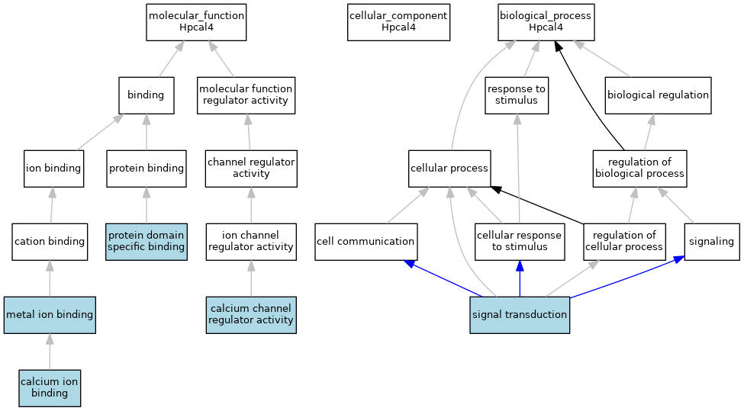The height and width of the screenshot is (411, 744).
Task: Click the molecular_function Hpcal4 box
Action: coord(196,21)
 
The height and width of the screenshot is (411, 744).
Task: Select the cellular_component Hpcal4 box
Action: coord(398,21)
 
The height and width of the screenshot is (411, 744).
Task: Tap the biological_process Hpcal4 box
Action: coord(546,21)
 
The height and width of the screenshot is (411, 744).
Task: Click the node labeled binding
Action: coord(146,95)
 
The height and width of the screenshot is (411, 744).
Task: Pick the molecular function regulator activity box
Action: coord(245,95)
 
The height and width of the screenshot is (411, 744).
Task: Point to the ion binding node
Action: coord(53,168)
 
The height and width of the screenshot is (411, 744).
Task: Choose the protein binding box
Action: coord(147,168)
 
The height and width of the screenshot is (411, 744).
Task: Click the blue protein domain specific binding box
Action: coord(147,241)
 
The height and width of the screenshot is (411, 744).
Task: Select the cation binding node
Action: coord(50,241)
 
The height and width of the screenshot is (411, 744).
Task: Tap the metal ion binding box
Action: coord(50,314)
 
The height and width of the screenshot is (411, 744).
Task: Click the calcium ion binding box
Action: coord(50,387)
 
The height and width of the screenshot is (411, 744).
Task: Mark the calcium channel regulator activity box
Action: coord(251,314)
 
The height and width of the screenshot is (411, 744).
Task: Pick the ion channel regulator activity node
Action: coord(251,241)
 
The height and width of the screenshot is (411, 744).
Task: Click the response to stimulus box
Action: coord(517,95)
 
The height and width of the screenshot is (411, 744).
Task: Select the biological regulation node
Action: coord(658,95)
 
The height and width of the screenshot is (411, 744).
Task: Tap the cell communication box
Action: coord(366,241)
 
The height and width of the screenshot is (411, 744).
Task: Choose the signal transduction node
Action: coord(520,314)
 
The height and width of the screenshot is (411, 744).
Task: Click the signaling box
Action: coord(711,241)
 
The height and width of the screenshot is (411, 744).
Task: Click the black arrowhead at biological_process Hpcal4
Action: coord(559,47)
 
